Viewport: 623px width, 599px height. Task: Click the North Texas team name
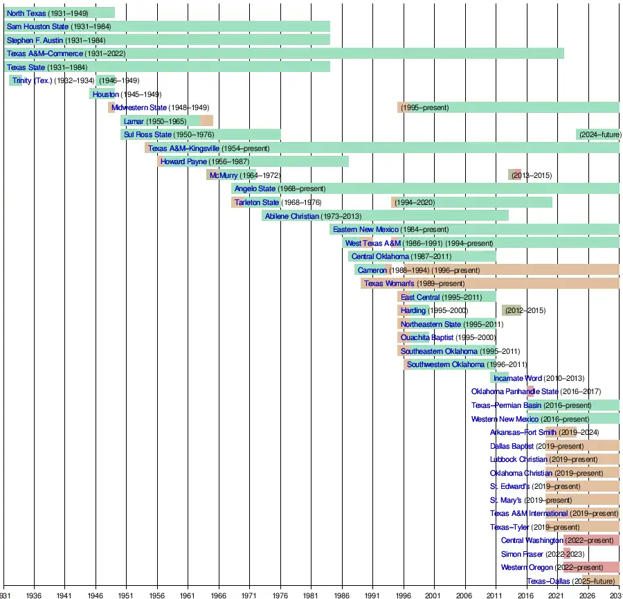[x=26, y=13]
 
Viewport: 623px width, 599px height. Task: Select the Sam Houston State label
[x=37, y=26]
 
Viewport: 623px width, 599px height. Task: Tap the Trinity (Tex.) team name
[x=32, y=80]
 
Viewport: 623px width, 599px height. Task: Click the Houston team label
[x=105, y=94]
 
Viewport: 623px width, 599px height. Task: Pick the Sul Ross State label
[x=147, y=134]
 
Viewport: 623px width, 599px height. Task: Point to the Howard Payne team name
[x=183, y=161]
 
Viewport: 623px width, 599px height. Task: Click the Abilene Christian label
[x=291, y=215]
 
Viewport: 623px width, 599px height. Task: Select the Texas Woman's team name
[x=389, y=283]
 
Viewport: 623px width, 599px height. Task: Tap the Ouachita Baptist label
[x=427, y=337]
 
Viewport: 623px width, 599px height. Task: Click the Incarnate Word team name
[x=517, y=378]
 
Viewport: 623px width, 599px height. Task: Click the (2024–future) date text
[x=599, y=134]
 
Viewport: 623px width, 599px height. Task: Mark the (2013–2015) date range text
[x=532, y=175]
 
